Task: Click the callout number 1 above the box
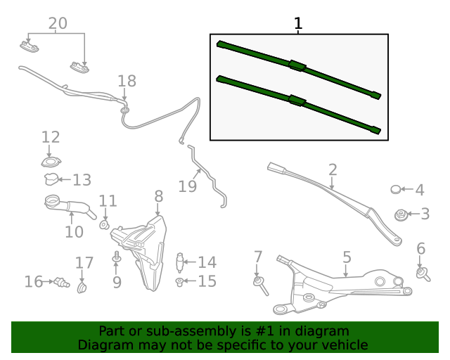pos(298,24)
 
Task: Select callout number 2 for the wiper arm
pos(333,169)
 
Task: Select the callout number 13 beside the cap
pos(82,180)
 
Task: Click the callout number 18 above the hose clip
pos(127,82)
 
